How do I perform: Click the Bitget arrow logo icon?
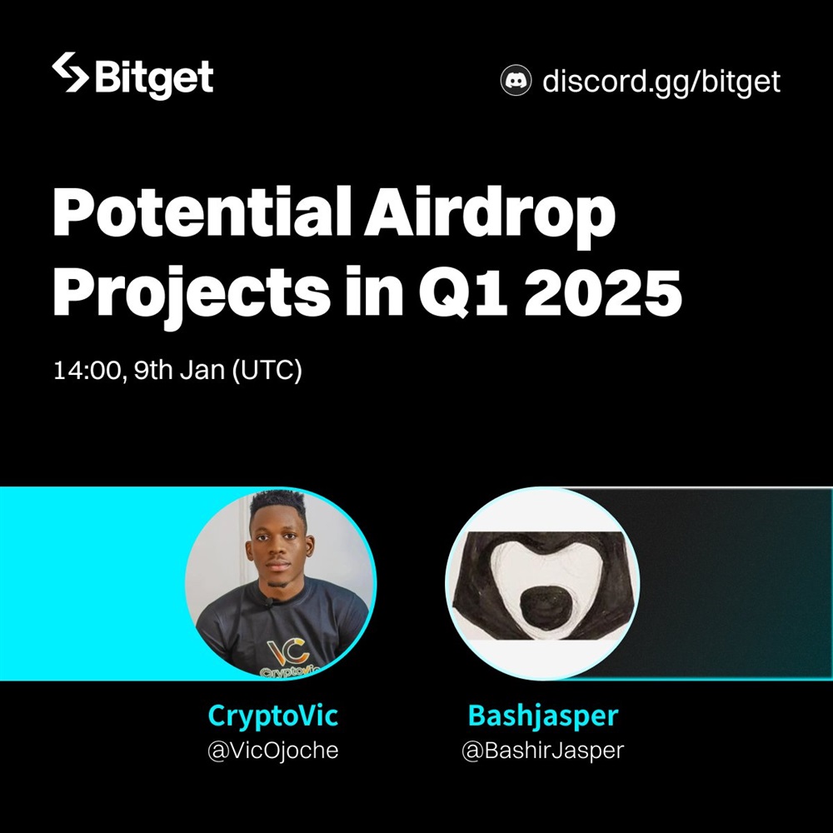pyautogui.click(x=70, y=72)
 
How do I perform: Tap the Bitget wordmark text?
pyautogui.click(x=154, y=78)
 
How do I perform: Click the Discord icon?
pyautogui.click(x=516, y=80)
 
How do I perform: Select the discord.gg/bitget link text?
pyautogui.click(x=661, y=82)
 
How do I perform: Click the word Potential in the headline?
pyautogui.click(x=202, y=212)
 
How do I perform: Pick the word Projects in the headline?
pyautogui.click(x=192, y=294)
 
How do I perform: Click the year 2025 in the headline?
pyautogui.click(x=602, y=293)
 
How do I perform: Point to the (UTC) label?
pyautogui.click(x=267, y=371)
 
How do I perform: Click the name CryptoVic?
pyautogui.click(x=273, y=716)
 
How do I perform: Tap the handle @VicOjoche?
pyautogui.click(x=273, y=751)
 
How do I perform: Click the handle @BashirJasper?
pyautogui.click(x=543, y=751)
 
